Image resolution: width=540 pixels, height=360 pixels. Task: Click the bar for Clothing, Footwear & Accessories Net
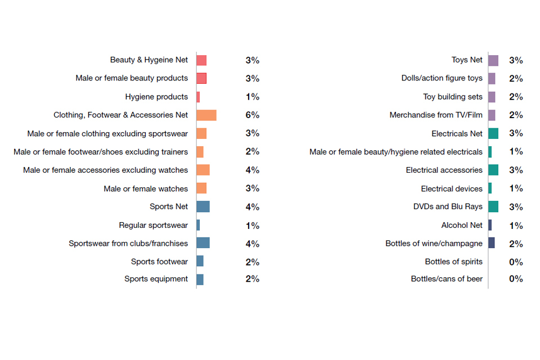coord(206,115)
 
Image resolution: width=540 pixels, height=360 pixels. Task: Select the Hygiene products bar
coord(198,97)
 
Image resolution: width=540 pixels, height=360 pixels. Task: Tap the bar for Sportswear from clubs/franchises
coord(203,243)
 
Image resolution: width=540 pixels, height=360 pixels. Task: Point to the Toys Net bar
coord(493,60)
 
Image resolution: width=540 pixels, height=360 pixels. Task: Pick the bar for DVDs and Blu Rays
coord(493,206)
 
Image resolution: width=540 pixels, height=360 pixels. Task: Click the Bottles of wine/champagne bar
coord(492,243)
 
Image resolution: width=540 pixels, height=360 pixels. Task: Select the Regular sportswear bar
coord(198,225)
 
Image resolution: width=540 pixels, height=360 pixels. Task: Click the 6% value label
coord(252,115)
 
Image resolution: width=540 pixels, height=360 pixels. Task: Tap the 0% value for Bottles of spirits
coord(516,262)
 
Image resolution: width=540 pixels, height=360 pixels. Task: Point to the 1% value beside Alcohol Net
coord(516,226)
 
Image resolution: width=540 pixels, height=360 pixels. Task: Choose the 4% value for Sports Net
coord(252,206)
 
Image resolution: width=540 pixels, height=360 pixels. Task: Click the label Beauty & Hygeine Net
coord(149,60)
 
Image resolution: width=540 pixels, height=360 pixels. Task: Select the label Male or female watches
coord(146,188)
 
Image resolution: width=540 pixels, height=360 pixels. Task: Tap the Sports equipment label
coord(156,279)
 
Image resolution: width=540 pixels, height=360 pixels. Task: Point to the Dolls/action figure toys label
coord(442,78)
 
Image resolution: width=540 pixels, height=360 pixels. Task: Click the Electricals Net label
coord(457,133)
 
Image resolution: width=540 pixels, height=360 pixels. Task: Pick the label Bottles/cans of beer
coord(447,279)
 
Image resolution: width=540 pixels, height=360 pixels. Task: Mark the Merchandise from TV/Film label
coord(436,115)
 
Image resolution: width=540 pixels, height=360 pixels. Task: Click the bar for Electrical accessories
coord(493,170)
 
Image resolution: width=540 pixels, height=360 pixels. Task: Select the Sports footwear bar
coord(200,261)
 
